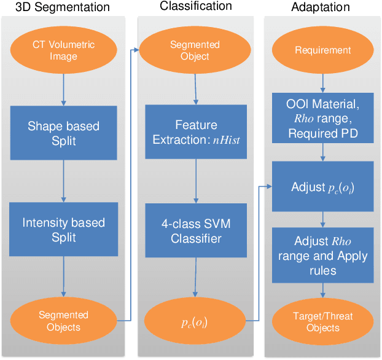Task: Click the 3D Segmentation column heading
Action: pos(63,7)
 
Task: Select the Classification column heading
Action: pos(196,6)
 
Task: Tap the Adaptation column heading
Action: pos(321,7)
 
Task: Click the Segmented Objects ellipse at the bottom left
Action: pos(63,321)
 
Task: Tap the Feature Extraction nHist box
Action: pos(195,133)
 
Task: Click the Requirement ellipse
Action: pos(322,50)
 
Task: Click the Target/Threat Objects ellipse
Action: pos(323,321)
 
